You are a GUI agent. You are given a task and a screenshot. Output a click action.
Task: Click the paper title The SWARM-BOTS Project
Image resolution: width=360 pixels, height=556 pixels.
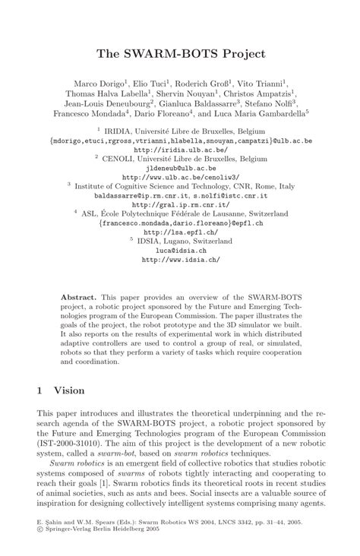[180, 54]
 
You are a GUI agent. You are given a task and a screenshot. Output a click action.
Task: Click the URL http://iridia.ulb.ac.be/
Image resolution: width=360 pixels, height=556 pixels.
[179, 150]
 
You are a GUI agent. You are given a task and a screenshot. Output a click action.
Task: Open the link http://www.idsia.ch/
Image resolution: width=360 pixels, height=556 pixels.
[180, 258]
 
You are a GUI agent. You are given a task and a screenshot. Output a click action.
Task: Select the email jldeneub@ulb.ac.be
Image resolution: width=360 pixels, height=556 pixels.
[179, 169]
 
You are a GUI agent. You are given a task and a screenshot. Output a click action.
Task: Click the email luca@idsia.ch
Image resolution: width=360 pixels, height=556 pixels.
[180, 248]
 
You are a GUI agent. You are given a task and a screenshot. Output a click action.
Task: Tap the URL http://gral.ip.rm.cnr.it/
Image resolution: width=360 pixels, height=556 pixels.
[180, 204]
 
